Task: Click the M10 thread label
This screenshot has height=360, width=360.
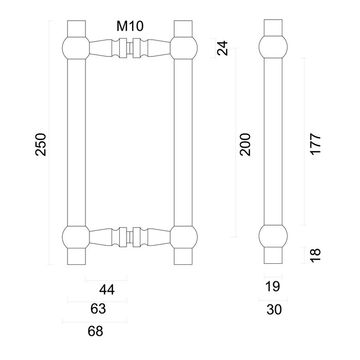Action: pyautogui.click(x=129, y=27)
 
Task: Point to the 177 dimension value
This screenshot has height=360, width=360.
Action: pyautogui.click(x=316, y=145)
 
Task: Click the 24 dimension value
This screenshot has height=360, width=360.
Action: pyautogui.click(x=222, y=49)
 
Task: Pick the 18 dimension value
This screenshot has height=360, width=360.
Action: pyautogui.click(x=316, y=254)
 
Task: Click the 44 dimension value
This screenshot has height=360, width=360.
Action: pyautogui.click(x=106, y=290)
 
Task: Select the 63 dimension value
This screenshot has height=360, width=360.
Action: pyautogui.click(x=98, y=310)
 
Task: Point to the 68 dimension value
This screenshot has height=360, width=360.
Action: pyautogui.click(x=95, y=331)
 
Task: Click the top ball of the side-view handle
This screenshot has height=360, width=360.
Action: pyautogui.click(x=273, y=47)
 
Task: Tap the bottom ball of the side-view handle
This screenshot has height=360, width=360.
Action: pyautogui.click(x=273, y=237)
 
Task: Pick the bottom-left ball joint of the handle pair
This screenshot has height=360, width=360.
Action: pyautogui.click(x=76, y=237)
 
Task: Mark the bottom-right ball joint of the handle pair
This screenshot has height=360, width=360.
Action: pyautogui.click(x=184, y=237)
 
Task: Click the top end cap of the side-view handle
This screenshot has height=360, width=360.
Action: pyautogui.click(x=273, y=27)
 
